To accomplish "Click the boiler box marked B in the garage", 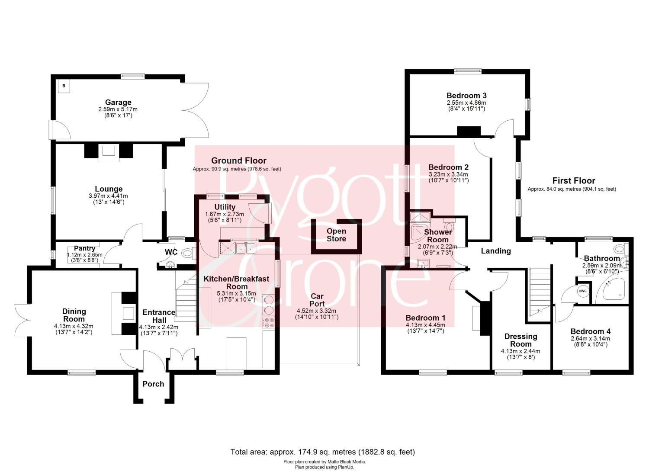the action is click(64, 86).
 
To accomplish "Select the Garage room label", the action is click(118, 102).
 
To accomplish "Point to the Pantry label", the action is click(85, 248).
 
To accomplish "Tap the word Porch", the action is click(153, 384).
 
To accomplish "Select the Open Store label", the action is click(336, 234).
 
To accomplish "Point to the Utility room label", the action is click(225, 207).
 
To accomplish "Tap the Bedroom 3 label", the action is click(466, 95).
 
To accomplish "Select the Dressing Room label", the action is click(520, 340).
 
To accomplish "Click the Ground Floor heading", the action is click(239, 161).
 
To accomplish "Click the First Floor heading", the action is click(574, 180).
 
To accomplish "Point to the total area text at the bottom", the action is click(323, 452).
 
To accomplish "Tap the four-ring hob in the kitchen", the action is click(269, 323).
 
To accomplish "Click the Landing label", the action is click(496, 250).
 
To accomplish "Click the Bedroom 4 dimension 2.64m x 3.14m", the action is click(590, 338).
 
